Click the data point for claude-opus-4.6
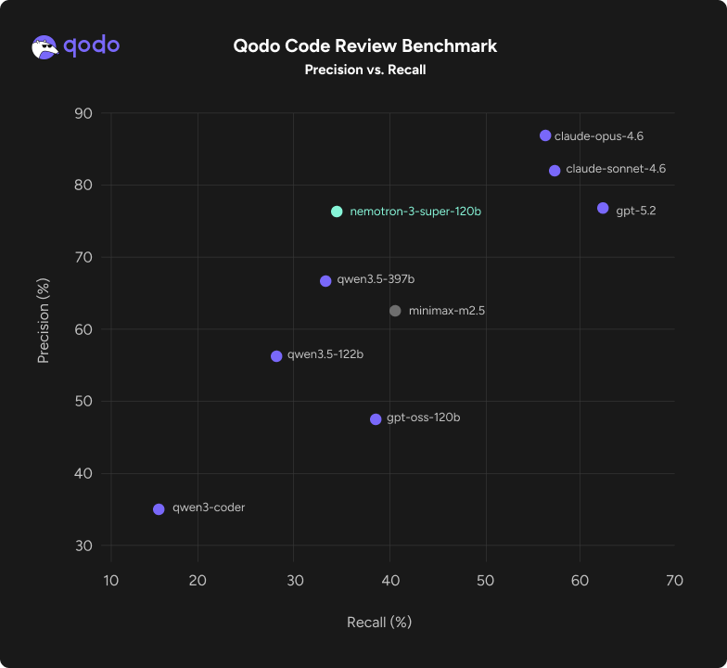(545, 135)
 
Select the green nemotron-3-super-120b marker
(337, 212)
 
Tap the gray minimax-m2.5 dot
(395, 311)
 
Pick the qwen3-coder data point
(159, 509)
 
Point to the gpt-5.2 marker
(603, 208)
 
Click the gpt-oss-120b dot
(376, 419)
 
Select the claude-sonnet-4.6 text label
(615, 170)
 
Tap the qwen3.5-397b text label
(369, 279)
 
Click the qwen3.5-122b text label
(320, 354)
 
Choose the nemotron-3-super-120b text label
(415, 212)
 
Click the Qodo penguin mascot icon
(45, 46)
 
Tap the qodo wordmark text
(91, 45)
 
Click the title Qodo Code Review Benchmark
(364, 45)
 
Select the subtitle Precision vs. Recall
(364, 70)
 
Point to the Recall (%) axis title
(378, 622)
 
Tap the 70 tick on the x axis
(674, 581)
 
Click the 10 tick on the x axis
(110, 581)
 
